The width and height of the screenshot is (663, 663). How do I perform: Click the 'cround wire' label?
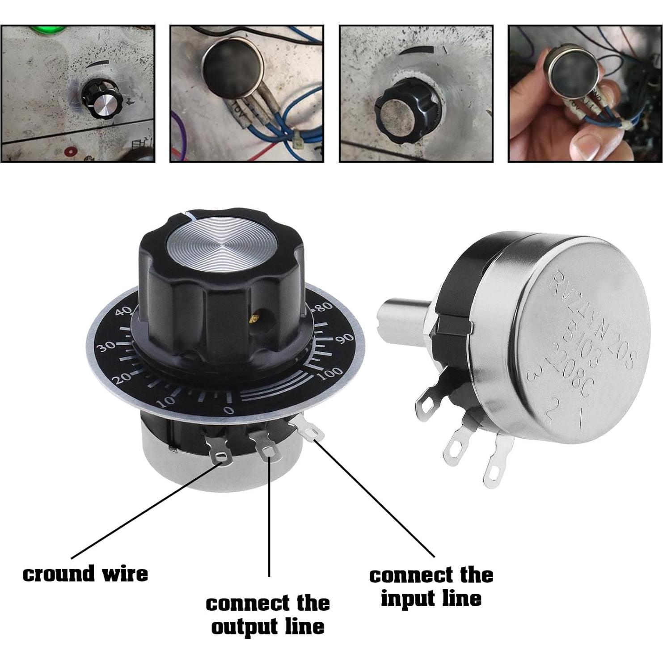coord(85,574)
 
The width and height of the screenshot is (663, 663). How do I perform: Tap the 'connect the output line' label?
coord(267,615)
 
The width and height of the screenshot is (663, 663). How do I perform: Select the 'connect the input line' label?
coord(431,587)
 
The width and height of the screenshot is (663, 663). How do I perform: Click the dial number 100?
coord(331,374)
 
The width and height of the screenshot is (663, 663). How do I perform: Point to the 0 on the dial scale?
coord(229,410)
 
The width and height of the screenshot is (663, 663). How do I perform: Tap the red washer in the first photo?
coord(69,150)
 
